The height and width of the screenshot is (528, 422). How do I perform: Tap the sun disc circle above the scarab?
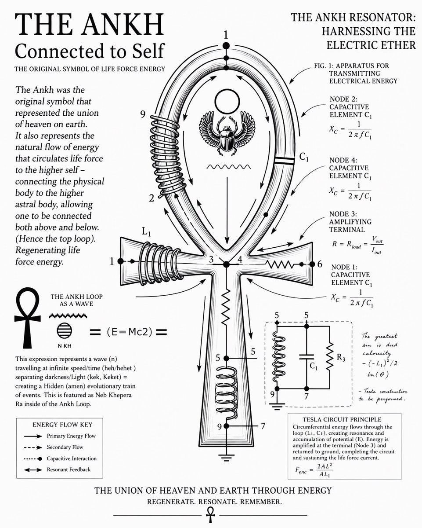[227, 102]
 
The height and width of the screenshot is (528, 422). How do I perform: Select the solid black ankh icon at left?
[27, 318]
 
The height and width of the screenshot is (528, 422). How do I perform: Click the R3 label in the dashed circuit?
[341, 357]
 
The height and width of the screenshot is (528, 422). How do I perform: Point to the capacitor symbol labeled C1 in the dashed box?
[307, 357]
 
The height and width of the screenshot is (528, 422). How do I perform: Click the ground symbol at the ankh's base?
[226, 457]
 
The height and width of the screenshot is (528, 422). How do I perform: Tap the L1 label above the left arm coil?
[146, 231]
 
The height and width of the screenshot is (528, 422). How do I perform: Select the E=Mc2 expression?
[130, 332]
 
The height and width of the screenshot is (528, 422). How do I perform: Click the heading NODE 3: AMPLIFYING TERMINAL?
[350, 222]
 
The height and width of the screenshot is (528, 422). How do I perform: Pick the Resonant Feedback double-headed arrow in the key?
[33, 470]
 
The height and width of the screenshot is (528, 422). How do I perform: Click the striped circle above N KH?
[64, 330]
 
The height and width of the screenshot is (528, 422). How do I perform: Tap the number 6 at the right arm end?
[320, 264]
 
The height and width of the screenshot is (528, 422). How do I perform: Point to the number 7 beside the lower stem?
[263, 426]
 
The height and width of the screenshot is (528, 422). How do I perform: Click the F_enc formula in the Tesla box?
[314, 470]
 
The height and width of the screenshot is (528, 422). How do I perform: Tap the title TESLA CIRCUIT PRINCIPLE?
[342, 420]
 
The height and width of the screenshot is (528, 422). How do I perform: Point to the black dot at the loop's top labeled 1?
[226, 46]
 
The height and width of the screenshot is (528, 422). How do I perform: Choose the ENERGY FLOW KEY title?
[62, 425]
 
